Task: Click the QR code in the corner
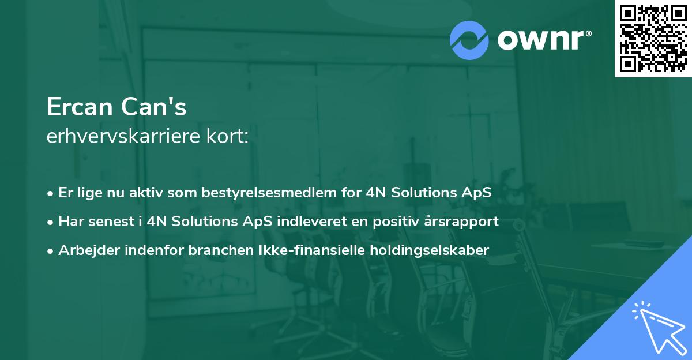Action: tap(653, 38)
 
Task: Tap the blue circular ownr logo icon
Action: tap(469, 40)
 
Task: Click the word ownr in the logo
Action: tap(541, 40)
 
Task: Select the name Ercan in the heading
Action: tap(80, 107)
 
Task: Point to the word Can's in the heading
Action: tap(153, 107)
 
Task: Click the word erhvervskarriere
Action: tap(123, 136)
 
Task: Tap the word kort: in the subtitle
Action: tap(227, 136)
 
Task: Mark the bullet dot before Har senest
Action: tap(50, 223)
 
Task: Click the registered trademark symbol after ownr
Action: tap(588, 33)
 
